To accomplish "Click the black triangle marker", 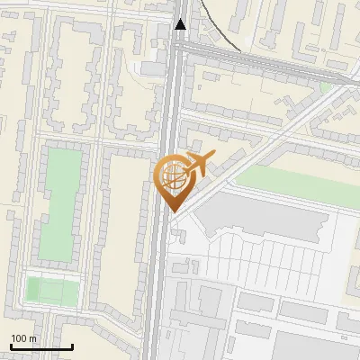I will (181, 24).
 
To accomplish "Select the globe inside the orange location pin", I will (173, 175).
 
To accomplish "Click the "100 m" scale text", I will (23, 338).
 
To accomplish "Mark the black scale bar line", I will (41, 346).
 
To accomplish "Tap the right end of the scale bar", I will (72, 346).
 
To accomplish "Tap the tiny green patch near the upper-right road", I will (325, 87).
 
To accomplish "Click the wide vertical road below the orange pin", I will (159, 288).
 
